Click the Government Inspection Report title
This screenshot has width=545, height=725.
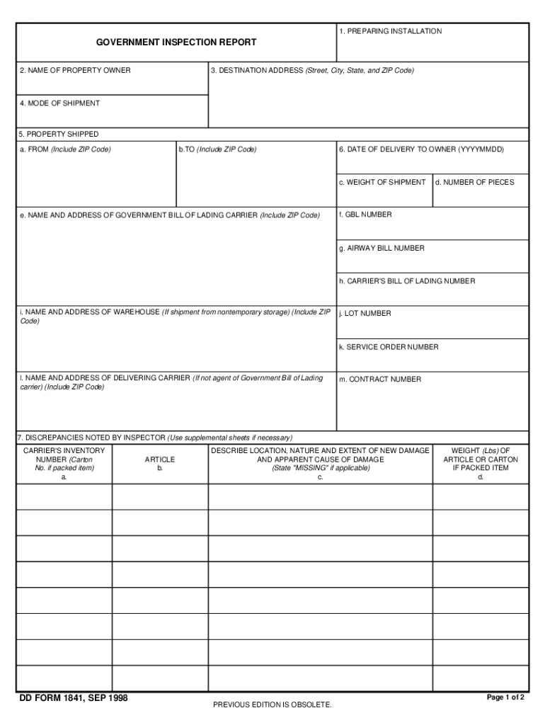(176, 43)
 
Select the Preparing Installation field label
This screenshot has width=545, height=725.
(390, 31)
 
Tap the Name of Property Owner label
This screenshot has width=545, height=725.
(75, 71)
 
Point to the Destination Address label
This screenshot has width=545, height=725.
(312, 71)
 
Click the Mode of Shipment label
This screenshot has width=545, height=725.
(59, 103)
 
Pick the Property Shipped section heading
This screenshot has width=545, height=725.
(59, 134)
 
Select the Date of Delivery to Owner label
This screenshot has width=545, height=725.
(421, 149)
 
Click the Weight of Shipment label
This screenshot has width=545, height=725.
(382, 183)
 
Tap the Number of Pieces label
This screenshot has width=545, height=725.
(474, 183)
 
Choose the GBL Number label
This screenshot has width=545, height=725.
(365, 215)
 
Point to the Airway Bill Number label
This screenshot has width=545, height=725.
(381, 249)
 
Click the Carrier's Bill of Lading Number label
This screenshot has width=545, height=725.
(407, 281)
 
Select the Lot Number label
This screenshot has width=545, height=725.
(365, 314)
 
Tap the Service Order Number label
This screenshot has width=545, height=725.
(389, 347)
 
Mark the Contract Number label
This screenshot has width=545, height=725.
(380, 379)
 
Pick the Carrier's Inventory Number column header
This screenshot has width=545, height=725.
(64, 459)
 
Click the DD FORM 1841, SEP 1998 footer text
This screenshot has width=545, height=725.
(73, 698)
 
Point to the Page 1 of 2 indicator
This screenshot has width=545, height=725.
(505, 697)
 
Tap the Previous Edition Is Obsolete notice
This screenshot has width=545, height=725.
(272, 704)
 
